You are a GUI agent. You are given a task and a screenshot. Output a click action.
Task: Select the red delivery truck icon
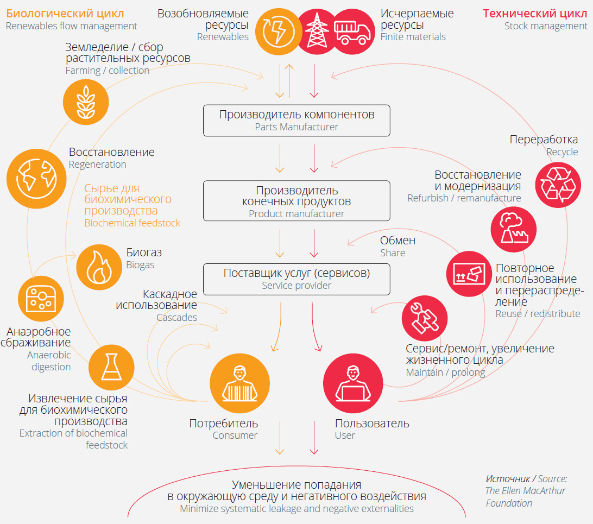coord(352,31)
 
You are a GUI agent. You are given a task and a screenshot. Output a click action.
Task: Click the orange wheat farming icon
coord(86,100)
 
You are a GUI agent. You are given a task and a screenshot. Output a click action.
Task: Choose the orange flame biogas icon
coord(99,266)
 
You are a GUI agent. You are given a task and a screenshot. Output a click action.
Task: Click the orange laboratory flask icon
coord(111,367)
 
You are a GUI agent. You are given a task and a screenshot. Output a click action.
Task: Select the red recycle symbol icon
coord(558,185)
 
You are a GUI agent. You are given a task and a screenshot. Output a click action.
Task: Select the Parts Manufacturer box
coord(296,121)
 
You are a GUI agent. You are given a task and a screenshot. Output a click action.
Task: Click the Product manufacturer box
coord(296,201)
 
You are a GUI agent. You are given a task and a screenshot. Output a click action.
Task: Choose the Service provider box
coord(296,278)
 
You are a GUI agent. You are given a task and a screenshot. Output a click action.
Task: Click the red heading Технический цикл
coord(535,13)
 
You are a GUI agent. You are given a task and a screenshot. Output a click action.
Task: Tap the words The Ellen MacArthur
coord(525,491)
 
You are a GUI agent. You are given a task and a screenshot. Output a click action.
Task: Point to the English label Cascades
coord(176,318)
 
